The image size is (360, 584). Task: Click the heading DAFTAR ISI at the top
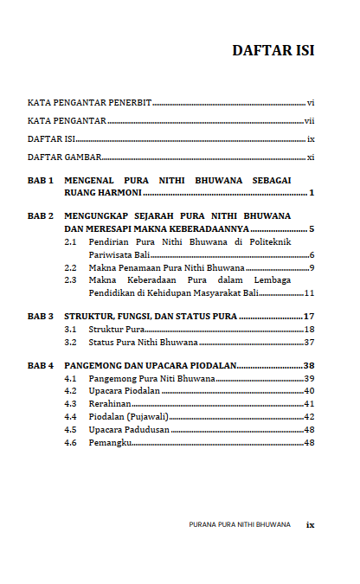point(273,50)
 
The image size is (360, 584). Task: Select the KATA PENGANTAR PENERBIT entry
point(89,103)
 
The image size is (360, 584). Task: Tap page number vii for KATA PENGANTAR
point(309,121)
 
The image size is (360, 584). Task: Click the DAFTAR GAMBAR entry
point(65,157)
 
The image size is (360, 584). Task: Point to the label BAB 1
point(41,180)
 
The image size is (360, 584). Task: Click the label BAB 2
point(41,215)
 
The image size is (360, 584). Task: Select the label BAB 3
point(41,317)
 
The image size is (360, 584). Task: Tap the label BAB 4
point(41,366)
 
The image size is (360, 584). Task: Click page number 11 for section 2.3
point(309,293)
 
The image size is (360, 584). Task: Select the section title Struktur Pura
point(116,331)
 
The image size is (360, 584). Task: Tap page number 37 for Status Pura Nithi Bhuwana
point(309,343)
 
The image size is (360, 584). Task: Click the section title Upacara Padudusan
point(129,430)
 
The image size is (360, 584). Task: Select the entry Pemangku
point(109,443)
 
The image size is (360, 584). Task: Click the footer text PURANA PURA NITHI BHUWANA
point(240,524)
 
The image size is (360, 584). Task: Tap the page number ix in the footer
point(310,524)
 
